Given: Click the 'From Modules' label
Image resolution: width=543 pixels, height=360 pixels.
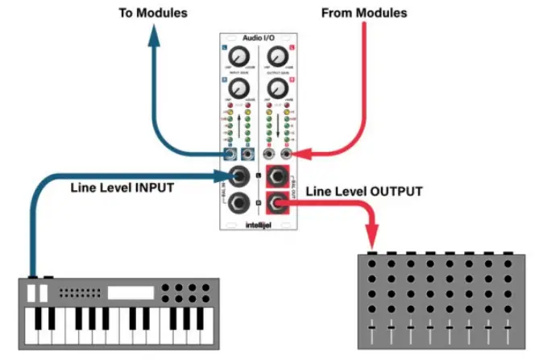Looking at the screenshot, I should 364,13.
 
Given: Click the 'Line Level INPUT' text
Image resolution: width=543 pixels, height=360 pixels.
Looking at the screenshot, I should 121,188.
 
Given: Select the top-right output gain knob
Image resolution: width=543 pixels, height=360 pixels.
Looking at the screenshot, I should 277,56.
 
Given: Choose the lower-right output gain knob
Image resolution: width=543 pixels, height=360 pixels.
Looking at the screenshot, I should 277,87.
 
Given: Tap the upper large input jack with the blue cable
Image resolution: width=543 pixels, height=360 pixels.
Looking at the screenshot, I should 238,176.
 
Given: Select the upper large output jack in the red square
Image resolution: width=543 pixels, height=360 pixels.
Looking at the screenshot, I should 278,176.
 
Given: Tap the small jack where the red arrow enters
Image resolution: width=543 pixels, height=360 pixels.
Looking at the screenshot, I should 288,153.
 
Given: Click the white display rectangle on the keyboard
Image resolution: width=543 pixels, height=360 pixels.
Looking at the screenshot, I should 131,292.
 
